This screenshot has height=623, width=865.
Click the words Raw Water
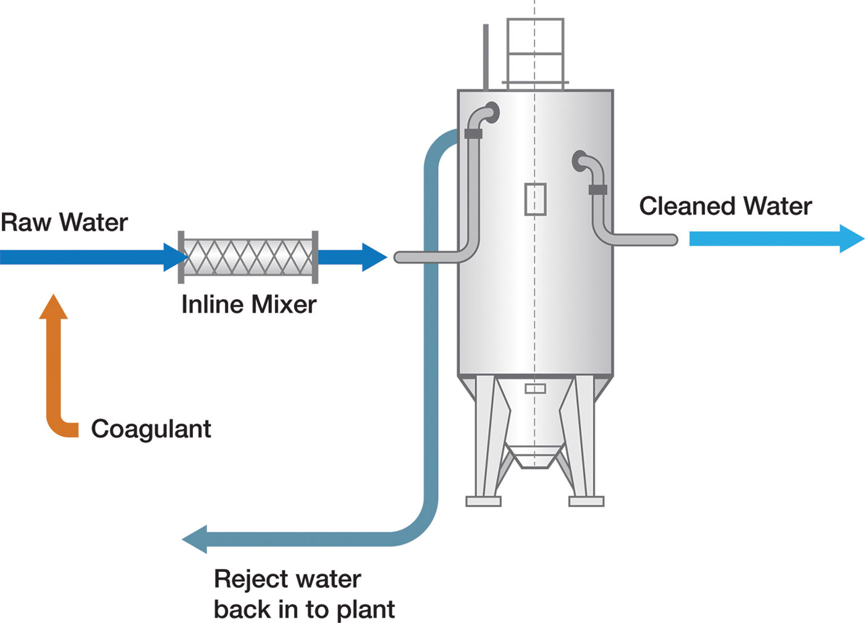(x=64, y=222)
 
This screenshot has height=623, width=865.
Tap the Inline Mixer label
(x=248, y=305)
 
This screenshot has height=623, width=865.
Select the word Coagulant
(x=151, y=429)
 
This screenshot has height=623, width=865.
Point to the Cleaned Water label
(x=725, y=206)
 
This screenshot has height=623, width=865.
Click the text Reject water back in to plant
(x=304, y=593)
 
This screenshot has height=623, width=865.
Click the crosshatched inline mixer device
(x=248, y=257)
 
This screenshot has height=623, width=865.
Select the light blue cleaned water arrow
(x=775, y=239)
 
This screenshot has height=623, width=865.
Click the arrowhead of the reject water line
(x=195, y=540)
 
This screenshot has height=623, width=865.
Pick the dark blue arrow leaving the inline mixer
(x=352, y=257)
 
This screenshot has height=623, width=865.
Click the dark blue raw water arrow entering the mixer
(x=93, y=257)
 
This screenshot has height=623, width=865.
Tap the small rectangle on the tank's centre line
(x=535, y=199)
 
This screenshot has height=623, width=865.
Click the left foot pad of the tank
(x=483, y=501)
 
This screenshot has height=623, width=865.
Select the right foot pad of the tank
(x=586, y=501)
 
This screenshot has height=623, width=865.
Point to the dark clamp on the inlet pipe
(x=473, y=133)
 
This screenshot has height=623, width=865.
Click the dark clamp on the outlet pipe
(x=597, y=190)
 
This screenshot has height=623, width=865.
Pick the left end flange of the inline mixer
(x=181, y=257)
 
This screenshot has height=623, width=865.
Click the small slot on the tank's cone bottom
(x=535, y=389)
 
